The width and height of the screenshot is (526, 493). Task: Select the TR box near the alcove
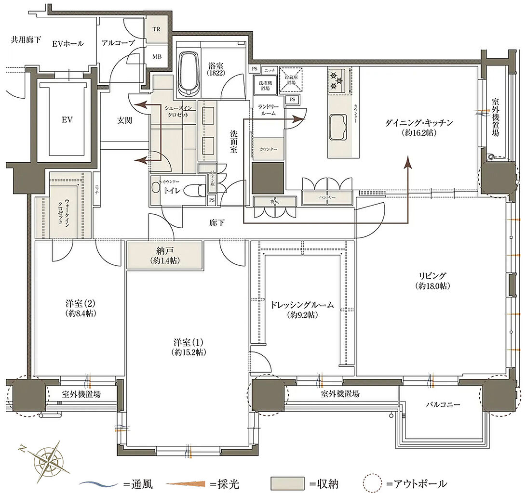(x=156, y=29)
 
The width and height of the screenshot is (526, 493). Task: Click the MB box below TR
(x=157, y=56)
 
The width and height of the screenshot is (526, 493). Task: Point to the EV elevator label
(x=67, y=119)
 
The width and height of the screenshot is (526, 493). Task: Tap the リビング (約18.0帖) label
(x=432, y=281)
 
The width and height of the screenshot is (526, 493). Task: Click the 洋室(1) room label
(x=189, y=348)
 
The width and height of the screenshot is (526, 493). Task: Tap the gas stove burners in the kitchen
(x=336, y=80)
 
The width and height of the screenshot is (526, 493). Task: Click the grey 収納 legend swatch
(x=287, y=483)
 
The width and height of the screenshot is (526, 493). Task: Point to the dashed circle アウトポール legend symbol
(x=372, y=483)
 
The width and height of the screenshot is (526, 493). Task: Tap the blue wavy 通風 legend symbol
(x=99, y=483)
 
